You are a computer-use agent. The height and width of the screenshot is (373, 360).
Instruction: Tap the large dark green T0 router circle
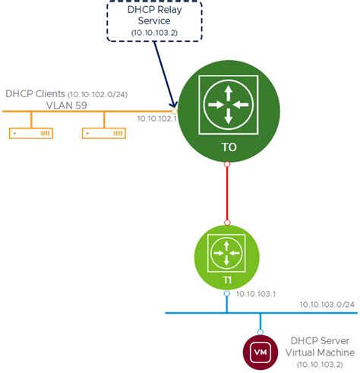227,114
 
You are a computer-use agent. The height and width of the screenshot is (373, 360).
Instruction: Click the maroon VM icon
260,352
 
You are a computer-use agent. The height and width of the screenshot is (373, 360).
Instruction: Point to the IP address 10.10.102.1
156,119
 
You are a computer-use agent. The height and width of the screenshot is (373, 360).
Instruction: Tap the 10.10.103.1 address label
256,294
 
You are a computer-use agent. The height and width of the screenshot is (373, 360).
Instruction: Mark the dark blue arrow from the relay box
165,72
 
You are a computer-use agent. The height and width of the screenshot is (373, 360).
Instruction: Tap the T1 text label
227,280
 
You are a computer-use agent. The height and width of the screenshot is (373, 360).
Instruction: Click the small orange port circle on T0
174,111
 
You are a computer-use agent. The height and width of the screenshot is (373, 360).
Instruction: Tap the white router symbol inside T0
227,103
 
